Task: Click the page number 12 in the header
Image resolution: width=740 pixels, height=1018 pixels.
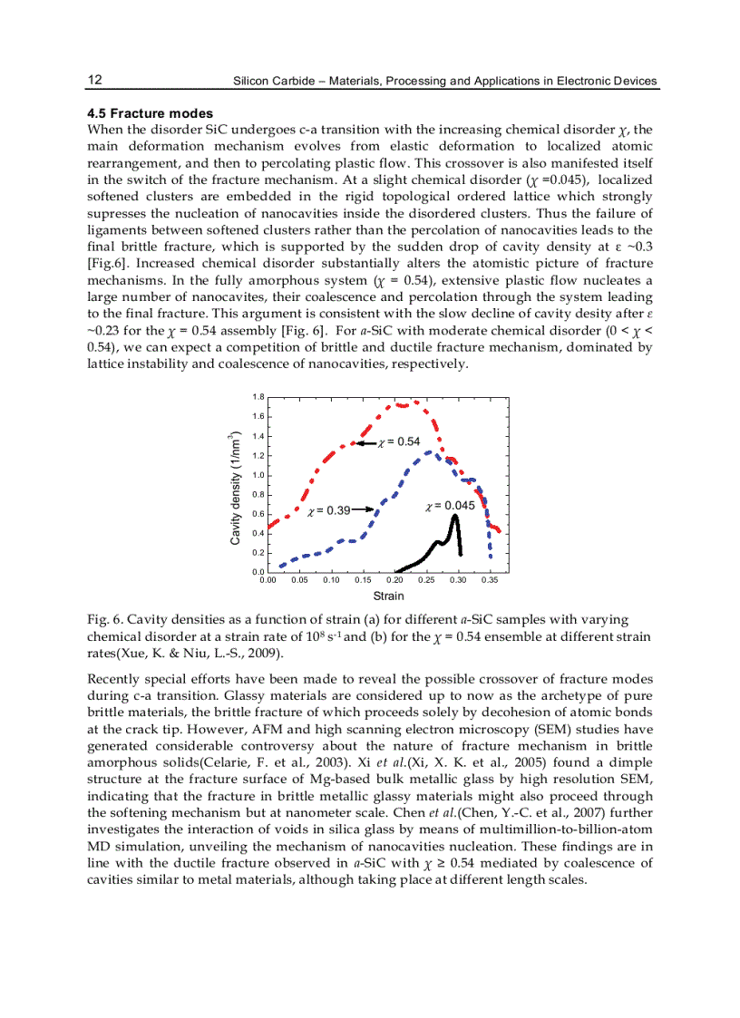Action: point(94,80)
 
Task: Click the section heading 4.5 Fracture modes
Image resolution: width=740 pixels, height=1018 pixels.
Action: point(150,113)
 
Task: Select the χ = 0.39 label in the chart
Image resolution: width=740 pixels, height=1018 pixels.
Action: point(329,511)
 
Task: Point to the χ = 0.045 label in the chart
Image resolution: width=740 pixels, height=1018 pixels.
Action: point(450,505)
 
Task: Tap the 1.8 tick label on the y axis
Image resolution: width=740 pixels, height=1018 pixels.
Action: point(258,397)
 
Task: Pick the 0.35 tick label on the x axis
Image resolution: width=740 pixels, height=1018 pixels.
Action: point(490,580)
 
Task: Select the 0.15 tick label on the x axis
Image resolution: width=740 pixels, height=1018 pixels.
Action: point(363,580)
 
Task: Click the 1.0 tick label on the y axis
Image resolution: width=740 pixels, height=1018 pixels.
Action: point(258,475)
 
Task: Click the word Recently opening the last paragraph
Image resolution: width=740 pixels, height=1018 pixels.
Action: point(113,678)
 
